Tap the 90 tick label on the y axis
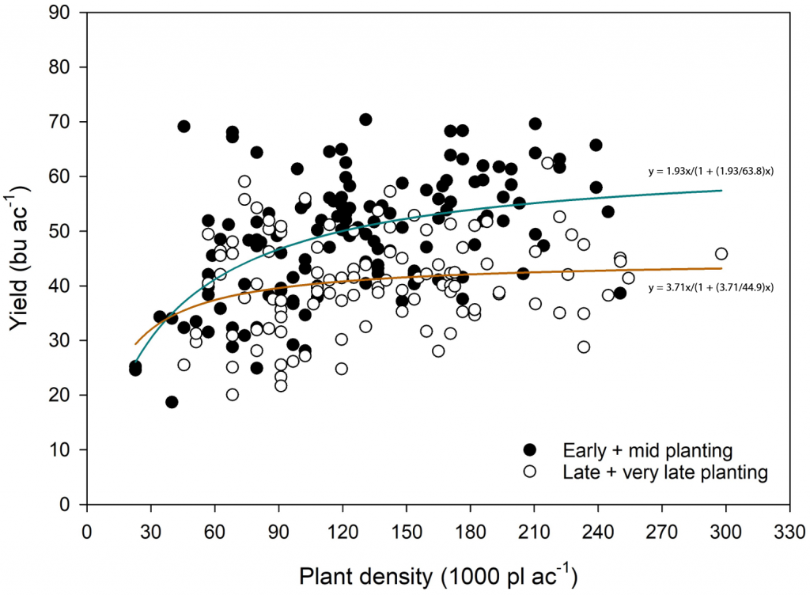(66, 13)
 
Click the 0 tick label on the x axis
(87, 524)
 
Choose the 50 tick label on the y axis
(66, 231)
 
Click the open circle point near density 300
(721, 254)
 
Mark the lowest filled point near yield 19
(172, 402)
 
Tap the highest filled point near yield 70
(365, 119)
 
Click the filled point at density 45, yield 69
(184, 127)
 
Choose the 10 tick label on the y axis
(66, 449)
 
